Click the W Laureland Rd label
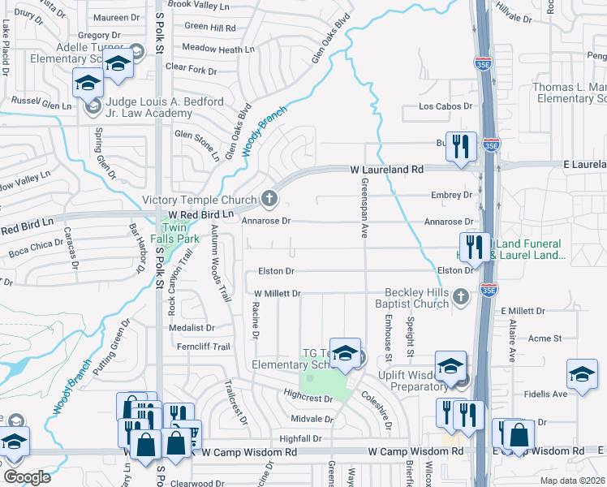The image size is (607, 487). [387, 170]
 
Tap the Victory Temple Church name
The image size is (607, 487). [199, 200]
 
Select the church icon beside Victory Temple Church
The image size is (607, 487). [269, 198]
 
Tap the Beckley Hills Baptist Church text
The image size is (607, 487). [416, 297]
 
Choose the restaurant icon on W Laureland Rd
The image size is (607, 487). [460, 146]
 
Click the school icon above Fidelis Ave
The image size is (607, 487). [581, 374]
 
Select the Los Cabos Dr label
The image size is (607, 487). [445, 106]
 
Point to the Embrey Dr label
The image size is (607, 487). [453, 195]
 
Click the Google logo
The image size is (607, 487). [27, 477]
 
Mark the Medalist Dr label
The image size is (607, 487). [191, 328]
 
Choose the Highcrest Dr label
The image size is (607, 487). [308, 399]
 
